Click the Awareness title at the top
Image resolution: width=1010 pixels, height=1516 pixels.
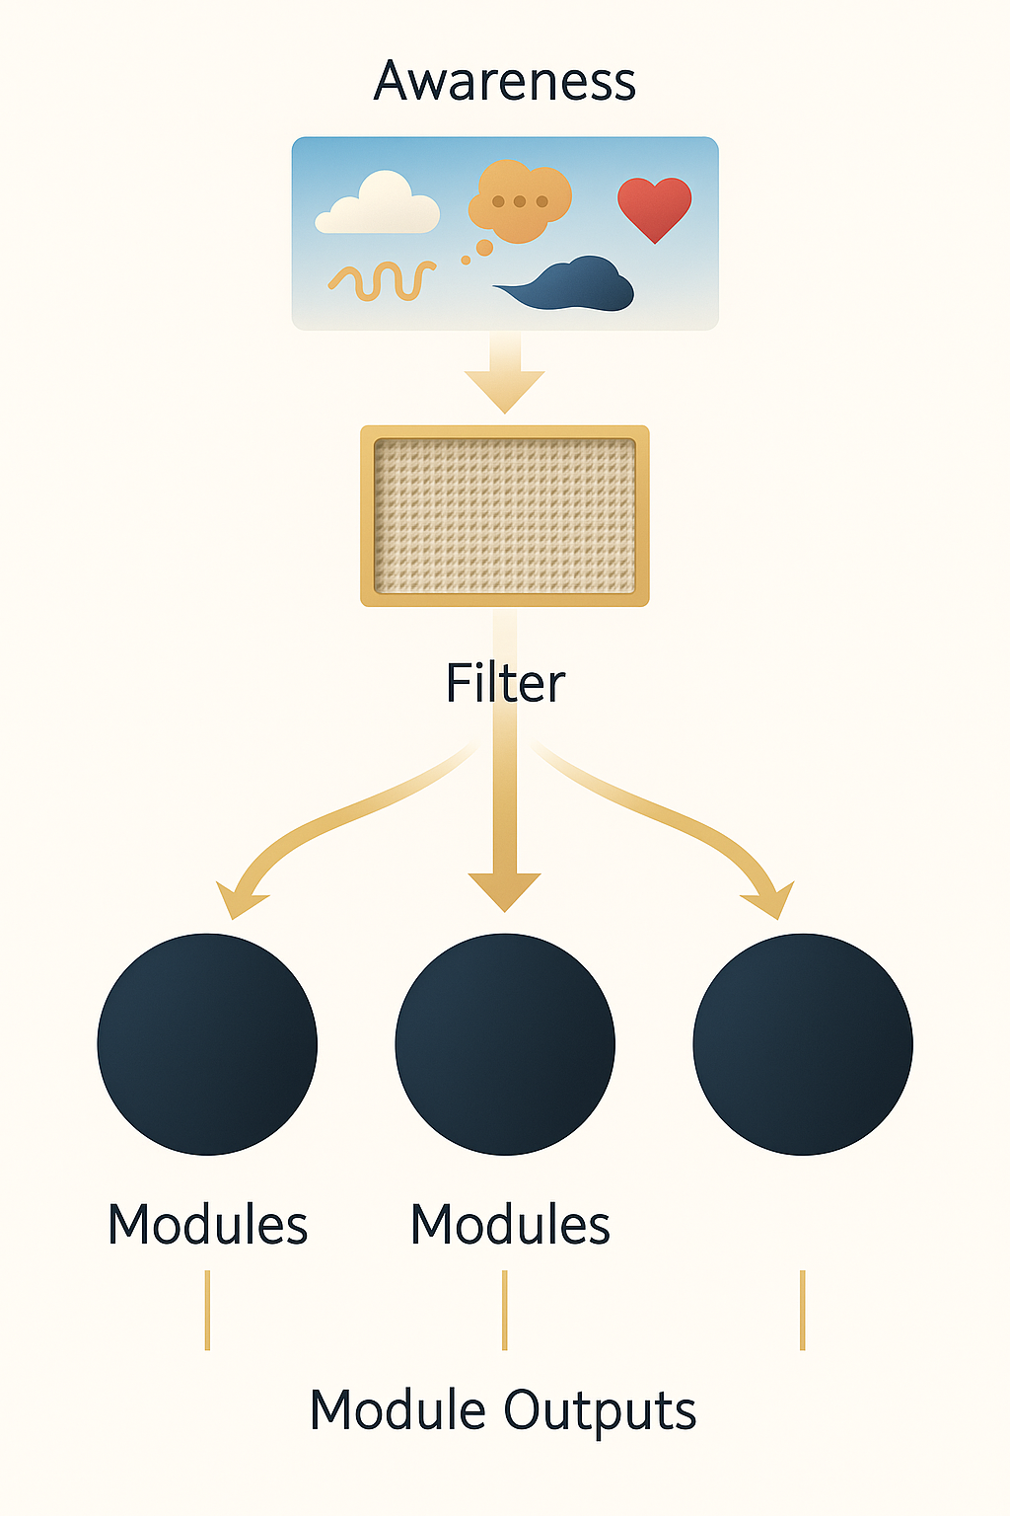[504, 81]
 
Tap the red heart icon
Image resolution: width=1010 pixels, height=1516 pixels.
[654, 205]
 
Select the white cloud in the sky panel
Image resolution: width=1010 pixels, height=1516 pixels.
[379, 205]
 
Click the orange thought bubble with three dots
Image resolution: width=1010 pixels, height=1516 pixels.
[519, 201]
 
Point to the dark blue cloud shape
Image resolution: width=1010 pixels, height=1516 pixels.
[572, 286]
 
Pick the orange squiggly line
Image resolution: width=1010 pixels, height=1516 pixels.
[382, 280]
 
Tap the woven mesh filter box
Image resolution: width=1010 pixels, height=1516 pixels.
[504, 515]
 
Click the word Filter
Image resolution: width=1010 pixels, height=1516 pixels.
[505, 683]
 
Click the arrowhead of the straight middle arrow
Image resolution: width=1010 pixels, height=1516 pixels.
[504, 890]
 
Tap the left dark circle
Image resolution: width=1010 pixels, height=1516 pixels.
[207, 1044]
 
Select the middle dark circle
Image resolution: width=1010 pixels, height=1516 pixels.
[504, 1044]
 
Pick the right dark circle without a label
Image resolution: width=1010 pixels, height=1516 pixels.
[803, 1044]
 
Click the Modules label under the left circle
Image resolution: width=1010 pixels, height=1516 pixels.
[207, 1225]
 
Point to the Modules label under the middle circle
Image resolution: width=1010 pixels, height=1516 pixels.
[510, 1225]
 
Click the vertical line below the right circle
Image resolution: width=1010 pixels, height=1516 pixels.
[803, 1310]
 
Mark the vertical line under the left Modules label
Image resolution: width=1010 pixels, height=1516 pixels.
[207, 1310]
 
